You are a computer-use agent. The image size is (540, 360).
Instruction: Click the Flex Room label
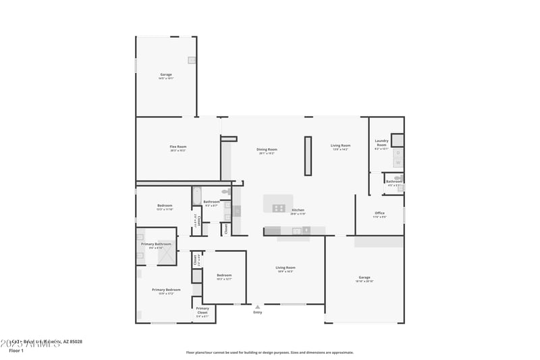coord(178,147)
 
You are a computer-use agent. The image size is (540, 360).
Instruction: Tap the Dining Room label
coord(267,149)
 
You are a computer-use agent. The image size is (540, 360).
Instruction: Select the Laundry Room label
coord(381,143)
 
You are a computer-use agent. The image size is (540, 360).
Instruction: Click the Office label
coord(379,213)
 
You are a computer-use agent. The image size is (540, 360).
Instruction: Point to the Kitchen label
coord(298,210)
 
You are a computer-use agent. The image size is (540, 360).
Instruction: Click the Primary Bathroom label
coord(156,244)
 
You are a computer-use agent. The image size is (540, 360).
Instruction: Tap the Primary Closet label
coord(202,311)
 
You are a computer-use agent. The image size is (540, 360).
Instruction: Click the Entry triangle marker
coord(257,307)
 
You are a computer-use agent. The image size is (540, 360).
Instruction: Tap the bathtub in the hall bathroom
coord(197,196)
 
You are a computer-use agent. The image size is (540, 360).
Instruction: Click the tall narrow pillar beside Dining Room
coord(308,156)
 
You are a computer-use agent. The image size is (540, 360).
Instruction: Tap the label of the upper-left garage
coord(166,74)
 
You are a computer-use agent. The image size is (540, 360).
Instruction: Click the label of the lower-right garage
coord(364,278)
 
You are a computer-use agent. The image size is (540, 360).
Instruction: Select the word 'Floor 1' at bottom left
coord(16,351)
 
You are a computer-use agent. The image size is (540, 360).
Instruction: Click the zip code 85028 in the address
coord(74,342)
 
